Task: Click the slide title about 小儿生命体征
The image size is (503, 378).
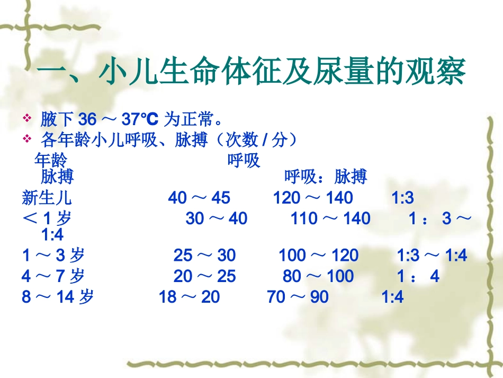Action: (253, 73)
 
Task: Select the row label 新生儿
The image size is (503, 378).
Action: (47, 198)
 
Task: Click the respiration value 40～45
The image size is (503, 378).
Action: (199, 198)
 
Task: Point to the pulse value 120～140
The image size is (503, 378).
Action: (313, 198)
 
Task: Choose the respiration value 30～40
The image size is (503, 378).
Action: (217, 218)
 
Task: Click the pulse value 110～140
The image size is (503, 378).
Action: (330, 218)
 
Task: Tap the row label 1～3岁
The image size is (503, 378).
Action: (53, 256)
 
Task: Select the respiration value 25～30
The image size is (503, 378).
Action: (204, 256)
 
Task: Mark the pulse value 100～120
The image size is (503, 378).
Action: (319, 256)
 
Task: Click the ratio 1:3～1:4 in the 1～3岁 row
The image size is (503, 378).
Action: (432, 256)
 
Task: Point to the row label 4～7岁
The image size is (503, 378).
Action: (53, 276)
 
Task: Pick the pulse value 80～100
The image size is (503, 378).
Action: (318, 276)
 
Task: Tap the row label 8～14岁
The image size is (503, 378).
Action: (58, 297)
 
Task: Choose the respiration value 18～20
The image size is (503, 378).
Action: (189, 297)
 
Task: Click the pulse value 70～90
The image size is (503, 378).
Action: (298, 297)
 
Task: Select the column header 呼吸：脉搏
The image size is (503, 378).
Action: (326, 177)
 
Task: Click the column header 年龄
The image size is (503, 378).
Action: (51, 160)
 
